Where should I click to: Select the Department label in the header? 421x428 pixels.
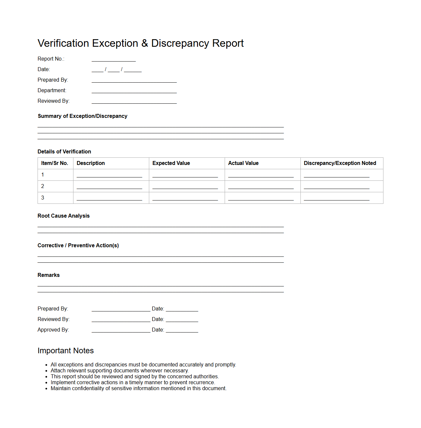click(52, 91)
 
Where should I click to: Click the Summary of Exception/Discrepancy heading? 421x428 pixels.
click(82, 116)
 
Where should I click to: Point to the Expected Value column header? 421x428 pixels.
click(171, 163)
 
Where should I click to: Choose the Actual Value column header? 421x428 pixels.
click(243, 163)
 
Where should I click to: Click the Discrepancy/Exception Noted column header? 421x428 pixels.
click(340, 163)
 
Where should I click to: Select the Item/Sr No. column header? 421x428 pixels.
click(55, 163)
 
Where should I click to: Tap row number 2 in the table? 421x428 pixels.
click(42, 186)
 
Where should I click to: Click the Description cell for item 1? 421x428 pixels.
click(109, 175)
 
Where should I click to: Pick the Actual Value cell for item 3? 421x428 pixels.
click(261, 198)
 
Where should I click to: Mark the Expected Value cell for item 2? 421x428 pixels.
click(185, 187)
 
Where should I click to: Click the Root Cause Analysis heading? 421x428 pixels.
click(64, 216)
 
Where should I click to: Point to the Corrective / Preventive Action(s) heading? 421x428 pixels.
click(78, 246)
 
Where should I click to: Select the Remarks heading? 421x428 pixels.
click(48, 275)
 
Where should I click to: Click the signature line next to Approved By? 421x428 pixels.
click(121, 330)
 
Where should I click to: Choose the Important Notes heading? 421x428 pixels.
click(66, 351)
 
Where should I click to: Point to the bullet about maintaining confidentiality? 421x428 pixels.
click(138, 388)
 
